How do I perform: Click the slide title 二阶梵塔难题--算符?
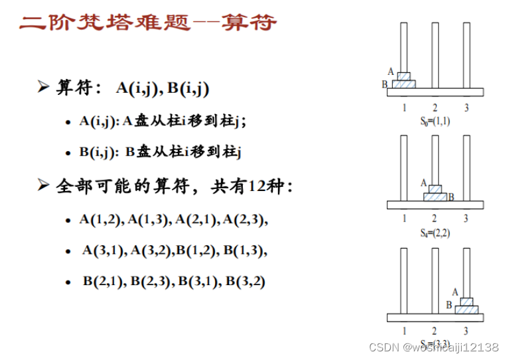(148, 23)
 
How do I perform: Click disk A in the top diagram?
(403, 76)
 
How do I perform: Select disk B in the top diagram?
(403, 84)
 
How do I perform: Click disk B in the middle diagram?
(435, 197)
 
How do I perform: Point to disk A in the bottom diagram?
(467, 302)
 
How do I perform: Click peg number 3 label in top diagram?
(466, 107)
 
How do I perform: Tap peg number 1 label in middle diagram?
(404, 219)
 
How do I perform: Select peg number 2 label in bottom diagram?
(435, 331)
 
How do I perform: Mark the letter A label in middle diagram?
(423, 182)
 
